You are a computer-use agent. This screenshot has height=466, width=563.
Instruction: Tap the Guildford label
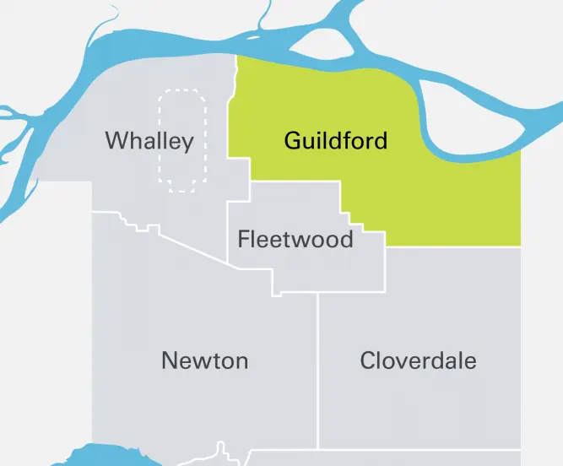click(336, 140)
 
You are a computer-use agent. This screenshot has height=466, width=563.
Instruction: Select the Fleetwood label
click(295, 239)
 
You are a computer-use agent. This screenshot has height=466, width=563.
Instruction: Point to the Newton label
click(204, 361)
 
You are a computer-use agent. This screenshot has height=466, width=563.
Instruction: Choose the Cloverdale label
click(418, 361)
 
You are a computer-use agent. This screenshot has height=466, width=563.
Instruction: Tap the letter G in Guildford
click(293, 140)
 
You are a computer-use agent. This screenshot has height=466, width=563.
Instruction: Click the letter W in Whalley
click(116, 141)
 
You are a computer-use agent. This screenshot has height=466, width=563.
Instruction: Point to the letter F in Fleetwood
click(243, 239)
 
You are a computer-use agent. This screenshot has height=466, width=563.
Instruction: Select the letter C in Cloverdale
click(368, 361)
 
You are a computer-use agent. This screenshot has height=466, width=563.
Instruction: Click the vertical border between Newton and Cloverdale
click(318, 371)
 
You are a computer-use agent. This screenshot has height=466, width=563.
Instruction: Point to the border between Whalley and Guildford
click(230, 118)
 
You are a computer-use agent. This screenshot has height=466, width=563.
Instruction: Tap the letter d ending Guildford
click(381, 140)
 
